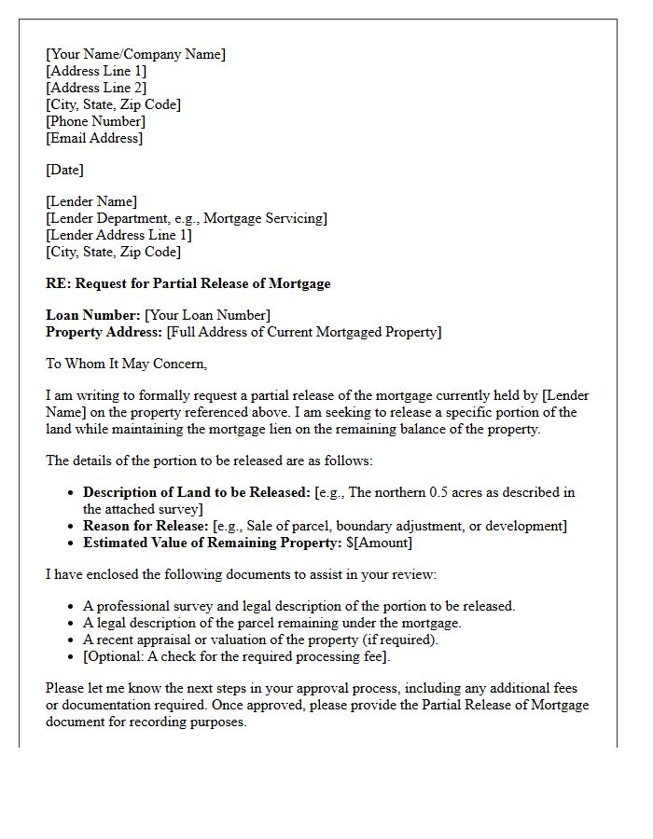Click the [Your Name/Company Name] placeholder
(135, 54)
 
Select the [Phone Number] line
(95, 121)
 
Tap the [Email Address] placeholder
(94, 138)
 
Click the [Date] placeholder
(64, 170)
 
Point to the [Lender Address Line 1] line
(118, 235)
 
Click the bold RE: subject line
(188, 283)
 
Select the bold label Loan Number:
(92, 315)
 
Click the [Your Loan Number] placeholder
(207, 315)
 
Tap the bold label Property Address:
(104, 332)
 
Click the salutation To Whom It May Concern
(126, 364)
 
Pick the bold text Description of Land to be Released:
(197, 492)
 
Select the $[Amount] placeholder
(379, 543)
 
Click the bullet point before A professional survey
(72, 606)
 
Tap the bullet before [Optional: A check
(72, 656)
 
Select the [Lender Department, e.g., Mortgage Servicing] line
(187, 218)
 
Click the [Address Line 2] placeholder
(96, 88)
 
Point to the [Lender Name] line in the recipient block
(91, 201)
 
